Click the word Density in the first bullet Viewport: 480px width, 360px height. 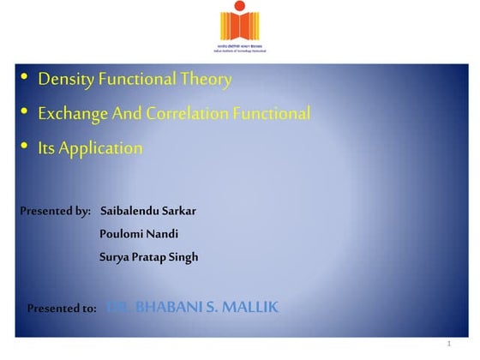pyautogui.click(x=65, y=81)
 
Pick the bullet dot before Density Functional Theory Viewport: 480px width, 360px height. pyautogui.click(x=25, y=80)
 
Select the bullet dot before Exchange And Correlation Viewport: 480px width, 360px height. pyautogui.click(x=25, y=112)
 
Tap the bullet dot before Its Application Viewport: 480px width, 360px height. pyautogui.click(x=25, y=147)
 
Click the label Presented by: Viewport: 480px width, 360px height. pyautogui.click(x=55, y=211)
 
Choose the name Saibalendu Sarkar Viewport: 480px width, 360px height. pyautogui.click(x=147, y=211)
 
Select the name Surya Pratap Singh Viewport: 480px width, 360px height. pyautogui.click(x=148, y=256)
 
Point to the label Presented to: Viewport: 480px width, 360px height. pyautogui.click(x=62, y=308)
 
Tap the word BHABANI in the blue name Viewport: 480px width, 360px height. pyautogui.click(x=165, y=307)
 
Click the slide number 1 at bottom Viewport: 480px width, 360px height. pyautogui.click(x=448, y=345)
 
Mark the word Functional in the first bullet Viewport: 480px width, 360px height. pyautogui.click(x=138, y=81)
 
